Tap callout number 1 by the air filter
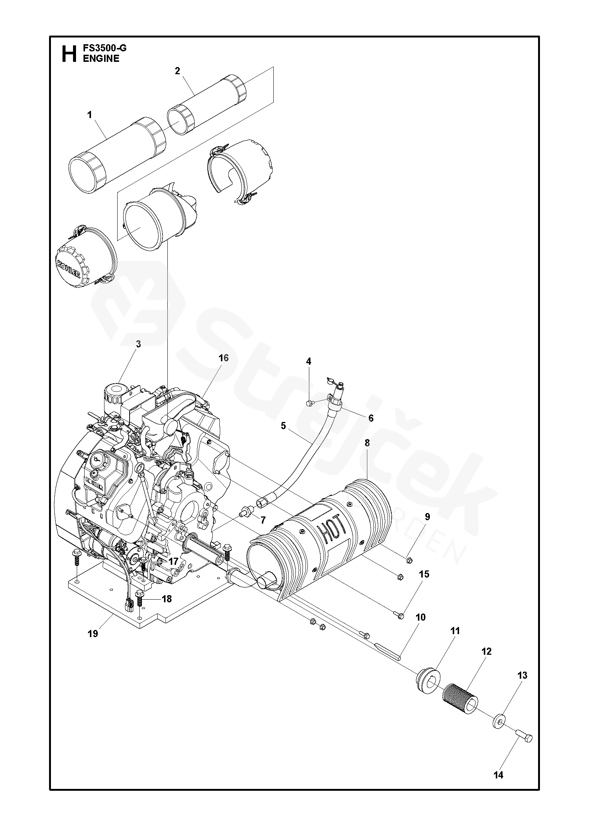pos(89,115)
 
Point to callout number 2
pos(177,71)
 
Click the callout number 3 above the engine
pos(138,344)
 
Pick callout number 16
pos(223,358)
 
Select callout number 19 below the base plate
pos(93,633)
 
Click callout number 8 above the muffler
pos(367,443)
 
